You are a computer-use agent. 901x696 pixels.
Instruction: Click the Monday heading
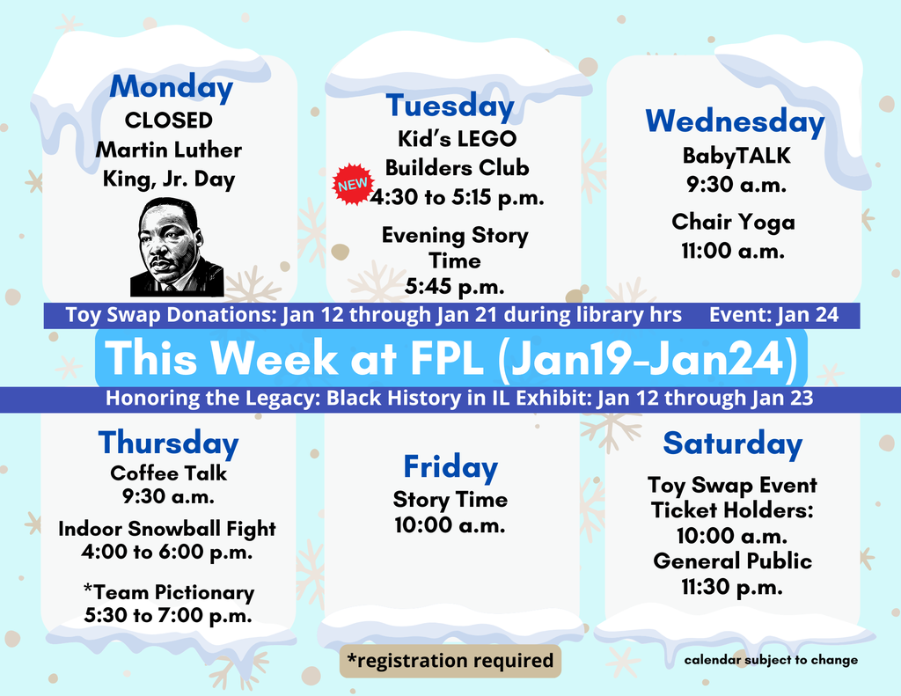coord(172,87)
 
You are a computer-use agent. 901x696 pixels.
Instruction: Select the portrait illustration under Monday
coord(176,246)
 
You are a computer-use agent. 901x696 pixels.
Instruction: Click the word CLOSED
coord(169,120)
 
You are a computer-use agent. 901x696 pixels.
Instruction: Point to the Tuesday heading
coord(450,106)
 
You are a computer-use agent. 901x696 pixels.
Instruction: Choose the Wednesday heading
coord(735,121)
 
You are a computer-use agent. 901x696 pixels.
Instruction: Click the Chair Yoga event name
coord(733,222)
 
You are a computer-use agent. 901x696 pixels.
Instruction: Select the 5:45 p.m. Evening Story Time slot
coord(455,286)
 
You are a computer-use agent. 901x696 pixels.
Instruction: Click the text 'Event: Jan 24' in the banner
coord(773,315)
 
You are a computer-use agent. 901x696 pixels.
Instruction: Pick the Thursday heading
coord(168,443)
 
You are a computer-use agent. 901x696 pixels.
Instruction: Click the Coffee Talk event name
coord(168,473)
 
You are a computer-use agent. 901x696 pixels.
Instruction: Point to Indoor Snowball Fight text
coord(167,529)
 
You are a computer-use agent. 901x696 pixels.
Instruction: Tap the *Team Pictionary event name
coord(168,592)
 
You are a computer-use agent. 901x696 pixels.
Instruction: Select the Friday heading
coord(450,466)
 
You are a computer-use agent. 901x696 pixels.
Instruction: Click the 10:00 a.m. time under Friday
coord(450,525)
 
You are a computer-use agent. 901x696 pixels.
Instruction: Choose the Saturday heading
coord(732,443)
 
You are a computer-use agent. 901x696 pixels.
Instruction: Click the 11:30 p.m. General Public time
coord(732,587)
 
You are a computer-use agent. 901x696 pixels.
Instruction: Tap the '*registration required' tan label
coord(450,660)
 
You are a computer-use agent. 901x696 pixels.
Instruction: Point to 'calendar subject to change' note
coord(771,660)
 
